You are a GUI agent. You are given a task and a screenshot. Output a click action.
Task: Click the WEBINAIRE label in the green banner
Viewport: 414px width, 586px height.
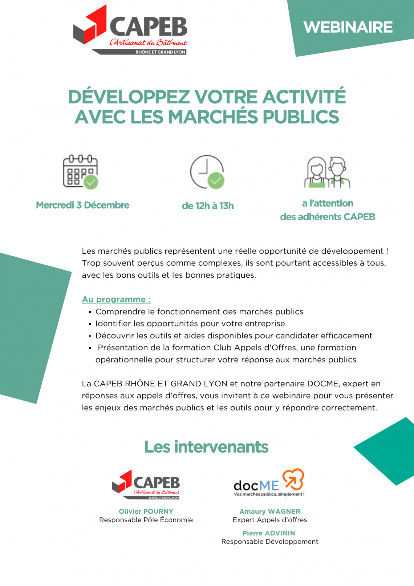[x=348, y=27]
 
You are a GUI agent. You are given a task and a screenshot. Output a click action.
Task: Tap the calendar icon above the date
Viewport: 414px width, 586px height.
[x=81, y=172]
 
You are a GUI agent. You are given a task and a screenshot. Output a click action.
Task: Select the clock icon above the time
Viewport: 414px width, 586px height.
[x=207, y=172]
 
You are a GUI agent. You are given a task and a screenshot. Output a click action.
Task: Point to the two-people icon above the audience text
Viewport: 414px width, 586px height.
[x=328, y=172]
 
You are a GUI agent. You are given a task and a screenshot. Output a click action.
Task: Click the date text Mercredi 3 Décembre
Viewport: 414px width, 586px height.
[x=83, y=205]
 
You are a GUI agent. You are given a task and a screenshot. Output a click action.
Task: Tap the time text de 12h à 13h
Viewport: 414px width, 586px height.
[x=208, y=206]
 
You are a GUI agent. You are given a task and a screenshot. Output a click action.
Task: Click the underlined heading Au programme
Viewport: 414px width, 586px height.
[x=116, y=300]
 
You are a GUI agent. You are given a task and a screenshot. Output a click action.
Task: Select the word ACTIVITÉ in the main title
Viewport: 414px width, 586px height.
[x=304, y=97]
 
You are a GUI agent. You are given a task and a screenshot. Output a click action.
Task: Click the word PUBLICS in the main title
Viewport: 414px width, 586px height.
[x=301, y=117]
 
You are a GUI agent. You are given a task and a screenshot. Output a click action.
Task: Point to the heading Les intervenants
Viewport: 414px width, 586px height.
[x=206, y=447]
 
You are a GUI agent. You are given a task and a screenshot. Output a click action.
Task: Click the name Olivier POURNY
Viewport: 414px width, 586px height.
[x=146, y=511]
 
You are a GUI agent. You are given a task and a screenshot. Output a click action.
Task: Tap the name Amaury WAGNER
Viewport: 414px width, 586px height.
[x=270, y=511]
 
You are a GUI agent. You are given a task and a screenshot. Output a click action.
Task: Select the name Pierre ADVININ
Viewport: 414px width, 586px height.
[x=269, y=533]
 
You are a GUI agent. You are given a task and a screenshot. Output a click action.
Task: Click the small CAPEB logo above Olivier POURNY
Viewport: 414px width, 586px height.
[x=146, y=485]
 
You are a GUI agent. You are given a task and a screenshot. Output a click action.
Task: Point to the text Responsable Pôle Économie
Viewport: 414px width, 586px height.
[x=146, y=520]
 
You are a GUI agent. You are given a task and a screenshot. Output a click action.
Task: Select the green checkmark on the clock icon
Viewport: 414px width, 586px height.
[x=216, y=181]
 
